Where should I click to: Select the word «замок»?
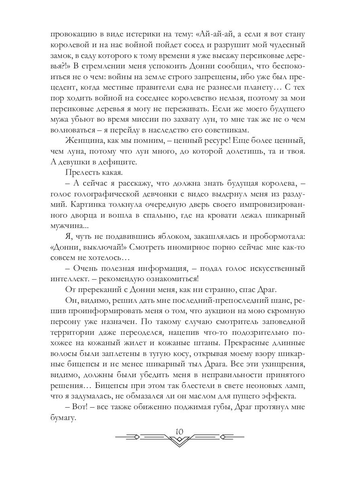[x=60, y=56]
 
